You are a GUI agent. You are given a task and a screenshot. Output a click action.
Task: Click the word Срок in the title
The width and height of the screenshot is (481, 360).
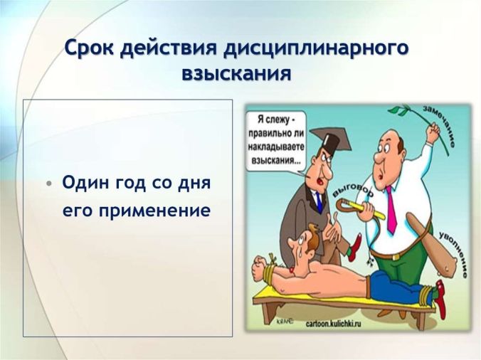point(89,48)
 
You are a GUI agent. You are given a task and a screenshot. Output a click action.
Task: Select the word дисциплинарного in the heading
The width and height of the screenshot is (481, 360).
point(316,49)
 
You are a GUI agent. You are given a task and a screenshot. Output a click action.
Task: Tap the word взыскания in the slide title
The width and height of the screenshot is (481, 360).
point(236,73)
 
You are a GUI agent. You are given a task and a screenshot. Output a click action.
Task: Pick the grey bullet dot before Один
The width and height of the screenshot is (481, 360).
point(49,184)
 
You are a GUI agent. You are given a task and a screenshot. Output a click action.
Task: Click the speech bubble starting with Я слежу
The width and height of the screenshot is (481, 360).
point(276,141)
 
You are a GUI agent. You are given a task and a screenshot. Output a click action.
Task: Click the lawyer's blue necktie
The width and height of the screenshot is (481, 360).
point(319,201)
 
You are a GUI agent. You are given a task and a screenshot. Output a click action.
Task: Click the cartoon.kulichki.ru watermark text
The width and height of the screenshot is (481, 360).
point(333,324)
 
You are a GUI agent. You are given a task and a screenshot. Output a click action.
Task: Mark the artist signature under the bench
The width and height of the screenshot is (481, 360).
point(285,322)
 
